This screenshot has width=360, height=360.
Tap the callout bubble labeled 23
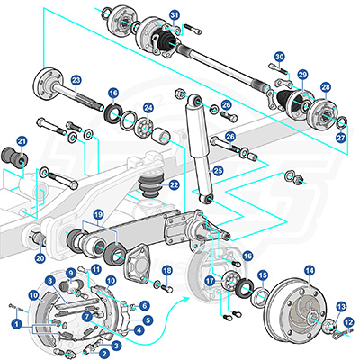click(x=76, y=80)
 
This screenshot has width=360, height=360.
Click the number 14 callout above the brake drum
click(x=309, y=269)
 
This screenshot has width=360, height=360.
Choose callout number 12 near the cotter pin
click(x=347, y=321)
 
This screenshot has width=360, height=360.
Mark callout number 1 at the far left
click(x=15, y=321)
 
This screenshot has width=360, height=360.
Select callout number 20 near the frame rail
click(x=40, y=258)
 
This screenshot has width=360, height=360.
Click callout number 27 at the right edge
click(x=339, y=139)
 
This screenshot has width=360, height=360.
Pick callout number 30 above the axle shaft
click(x=279, y=57)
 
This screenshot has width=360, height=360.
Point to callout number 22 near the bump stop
click(x=174, y=185)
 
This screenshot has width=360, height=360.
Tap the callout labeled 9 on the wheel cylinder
click(x=69, y=273)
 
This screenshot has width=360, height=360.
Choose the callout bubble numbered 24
click(x=148, y=108)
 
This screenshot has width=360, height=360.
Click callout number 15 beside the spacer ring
click(x=264, y=275)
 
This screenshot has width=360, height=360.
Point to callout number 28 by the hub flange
click(x=326, y=87)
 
